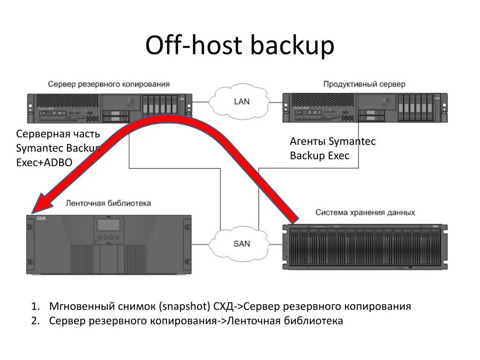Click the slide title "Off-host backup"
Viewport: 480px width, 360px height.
pyautogui.click(x=240, y=46)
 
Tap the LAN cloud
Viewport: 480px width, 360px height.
pyautogui.click(x=241, y=101)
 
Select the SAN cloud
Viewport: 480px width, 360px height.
pyautogui.click(x=241, y=243)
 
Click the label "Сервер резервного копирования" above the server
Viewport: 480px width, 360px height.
pyautogui.click(x=108, y=84)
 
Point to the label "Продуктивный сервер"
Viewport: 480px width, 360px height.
pyautogui.click(x=364, y=84)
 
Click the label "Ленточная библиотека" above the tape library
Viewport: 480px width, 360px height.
pyautogui.click(x=108, y=203)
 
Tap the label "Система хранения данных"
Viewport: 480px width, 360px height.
pyautogui.click(x=365, y=212)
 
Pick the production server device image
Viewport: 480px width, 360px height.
pyautogui.click(x=365, y=108)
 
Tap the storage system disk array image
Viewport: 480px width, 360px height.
pyautogui.click(x=365, y=247)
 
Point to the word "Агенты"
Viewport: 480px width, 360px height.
pyautogui.click(x=307, y=142)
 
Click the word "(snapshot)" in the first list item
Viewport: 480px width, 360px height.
pyautogui.click(x=184, y=307)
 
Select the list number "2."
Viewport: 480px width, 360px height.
pyautogui.click(x=36, y=321)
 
